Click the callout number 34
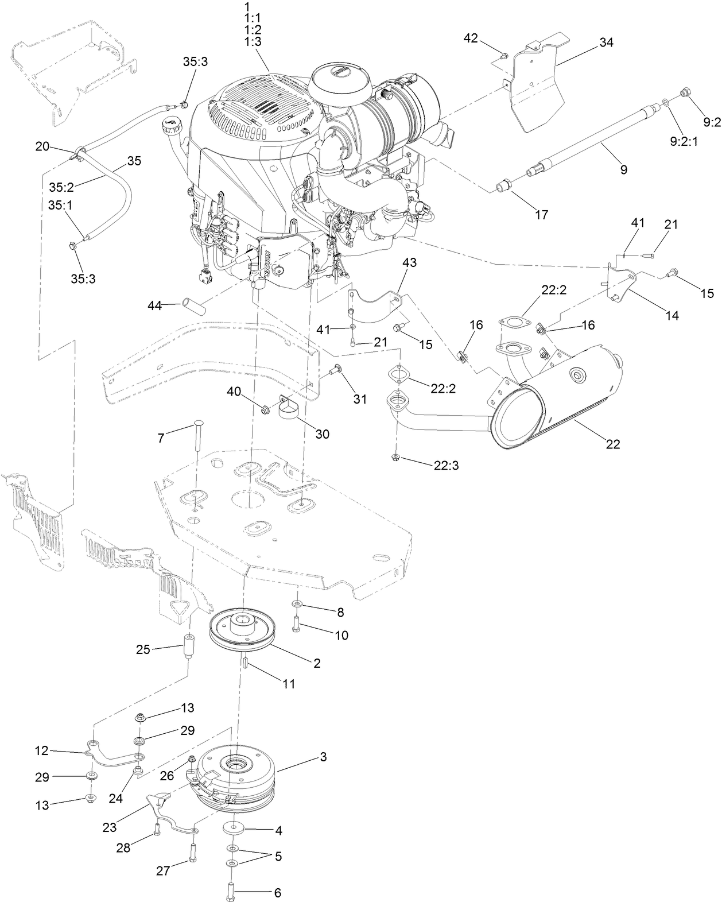click(x=607, y=42)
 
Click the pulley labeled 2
click(x=242, y=632)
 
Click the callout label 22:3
click(x=446, y=466)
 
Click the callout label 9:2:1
click(x=684, y=141)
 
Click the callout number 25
click(x=143, y=649)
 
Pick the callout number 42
click(x=471, y=38)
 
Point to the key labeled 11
click(x=243, y=664)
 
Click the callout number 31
click(x=359, y=398)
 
